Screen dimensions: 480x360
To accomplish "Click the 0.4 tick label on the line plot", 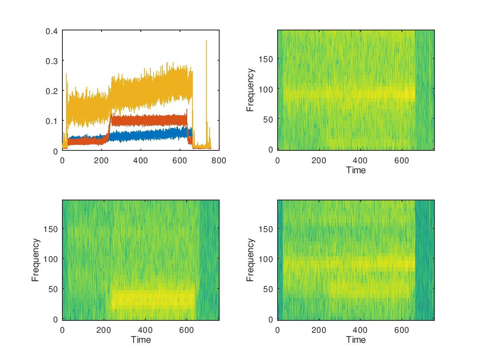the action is pos(52,31).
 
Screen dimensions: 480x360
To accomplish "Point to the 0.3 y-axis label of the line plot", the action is pos(52,61).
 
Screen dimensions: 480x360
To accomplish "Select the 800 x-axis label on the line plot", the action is pos(219,161).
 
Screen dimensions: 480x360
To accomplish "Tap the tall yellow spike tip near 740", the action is pos(206,40).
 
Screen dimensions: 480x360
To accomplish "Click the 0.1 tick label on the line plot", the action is pos(52,121).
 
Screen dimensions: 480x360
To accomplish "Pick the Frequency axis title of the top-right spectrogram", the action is pos(250,90).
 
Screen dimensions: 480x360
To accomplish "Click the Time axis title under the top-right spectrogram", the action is pos(356,170).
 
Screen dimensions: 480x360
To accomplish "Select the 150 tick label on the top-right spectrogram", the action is pos(266,59).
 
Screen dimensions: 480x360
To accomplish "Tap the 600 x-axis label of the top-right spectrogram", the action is pos(402,161).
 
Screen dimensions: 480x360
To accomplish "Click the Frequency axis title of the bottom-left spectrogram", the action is pos(36,260).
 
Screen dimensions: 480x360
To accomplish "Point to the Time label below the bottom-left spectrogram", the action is pos(141,340).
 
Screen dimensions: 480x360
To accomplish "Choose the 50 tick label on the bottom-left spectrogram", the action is pos(53,289).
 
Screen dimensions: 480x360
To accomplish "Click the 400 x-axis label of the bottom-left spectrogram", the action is pos(145,330).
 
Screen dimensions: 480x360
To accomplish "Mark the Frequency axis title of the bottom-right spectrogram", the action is pos(250,260).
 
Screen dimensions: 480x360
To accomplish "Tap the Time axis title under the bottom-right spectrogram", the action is pos(356,340).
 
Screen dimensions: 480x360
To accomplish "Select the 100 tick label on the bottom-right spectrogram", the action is pos(266,259).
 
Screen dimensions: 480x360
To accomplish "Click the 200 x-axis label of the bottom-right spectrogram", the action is pos(319,330).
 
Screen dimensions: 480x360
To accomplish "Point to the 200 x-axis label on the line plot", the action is pos(101,161).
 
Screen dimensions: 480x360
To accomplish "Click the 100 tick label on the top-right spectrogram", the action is pos(266,89).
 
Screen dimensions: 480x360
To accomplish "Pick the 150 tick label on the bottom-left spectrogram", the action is pos(51,229).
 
